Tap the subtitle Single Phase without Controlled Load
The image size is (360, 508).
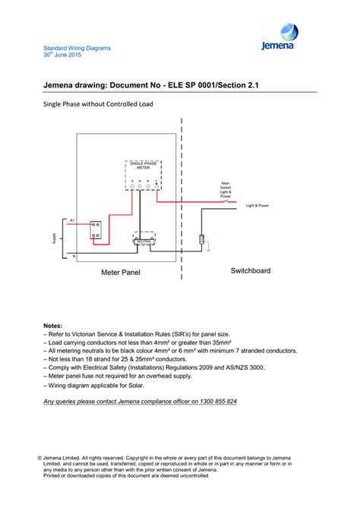[x=93, y=104]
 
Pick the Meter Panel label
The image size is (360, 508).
[x=120, y=271]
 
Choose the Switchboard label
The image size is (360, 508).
[x=250, y=270]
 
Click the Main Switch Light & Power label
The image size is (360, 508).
[x=225, y=190]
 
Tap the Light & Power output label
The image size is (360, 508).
[x=257, y=205]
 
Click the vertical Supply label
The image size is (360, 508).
[x=54, y=238]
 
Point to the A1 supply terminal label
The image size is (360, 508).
[x=72, y=220]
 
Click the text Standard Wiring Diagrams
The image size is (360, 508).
[x=77, y=48]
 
